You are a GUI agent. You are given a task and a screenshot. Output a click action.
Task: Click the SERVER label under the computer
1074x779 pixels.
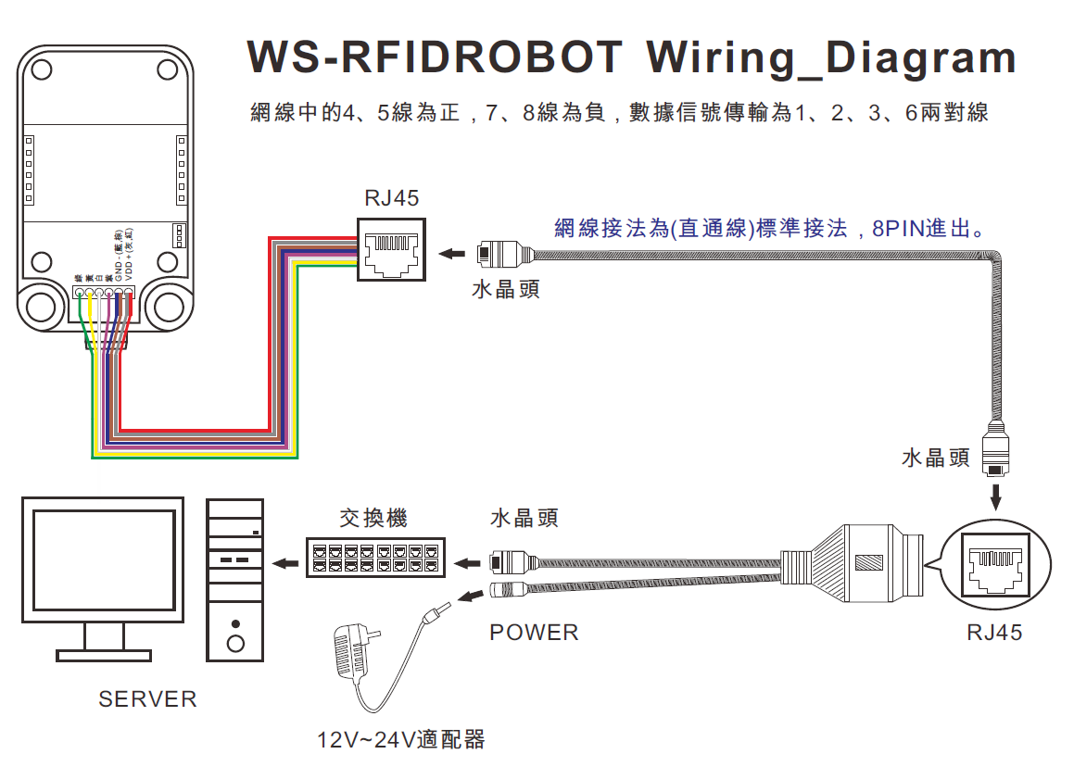(147, 699)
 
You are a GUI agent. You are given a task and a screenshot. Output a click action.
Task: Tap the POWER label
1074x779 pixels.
(534, 633)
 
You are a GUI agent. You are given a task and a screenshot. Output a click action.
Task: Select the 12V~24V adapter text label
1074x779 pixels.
(400, 740)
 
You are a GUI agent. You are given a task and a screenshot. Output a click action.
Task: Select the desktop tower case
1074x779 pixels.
(235, 579)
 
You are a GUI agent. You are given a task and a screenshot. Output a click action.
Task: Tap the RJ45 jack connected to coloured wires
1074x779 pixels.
(391, 248)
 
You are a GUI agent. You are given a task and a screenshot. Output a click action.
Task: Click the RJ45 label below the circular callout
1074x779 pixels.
(994, 633)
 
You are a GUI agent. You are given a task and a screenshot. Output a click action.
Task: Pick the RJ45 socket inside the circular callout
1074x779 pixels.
(994, 566)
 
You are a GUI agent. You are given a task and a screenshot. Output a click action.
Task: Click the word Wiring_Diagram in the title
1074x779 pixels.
(831, 57)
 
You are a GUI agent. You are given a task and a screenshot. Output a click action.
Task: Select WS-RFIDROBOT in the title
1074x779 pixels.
(436, 57)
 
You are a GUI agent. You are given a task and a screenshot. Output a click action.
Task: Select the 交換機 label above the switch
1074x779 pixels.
(373, 518)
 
